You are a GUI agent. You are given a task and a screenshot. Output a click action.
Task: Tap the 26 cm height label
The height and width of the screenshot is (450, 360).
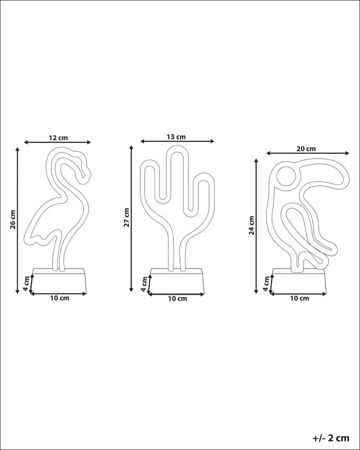point(13,220)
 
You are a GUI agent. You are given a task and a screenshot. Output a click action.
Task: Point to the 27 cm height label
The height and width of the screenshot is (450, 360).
point(127,217)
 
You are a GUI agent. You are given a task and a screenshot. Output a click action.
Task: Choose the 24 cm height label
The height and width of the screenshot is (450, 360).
point(252,225)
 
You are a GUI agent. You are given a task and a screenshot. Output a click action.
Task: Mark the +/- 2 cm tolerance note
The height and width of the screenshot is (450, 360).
point(331,438)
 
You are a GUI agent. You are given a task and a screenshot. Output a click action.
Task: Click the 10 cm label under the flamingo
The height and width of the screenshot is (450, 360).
point(59,298)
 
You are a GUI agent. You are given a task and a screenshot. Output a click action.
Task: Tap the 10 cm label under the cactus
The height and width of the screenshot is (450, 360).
point(177,299)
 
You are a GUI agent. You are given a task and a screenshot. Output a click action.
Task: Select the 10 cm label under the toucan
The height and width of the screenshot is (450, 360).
point(299,298)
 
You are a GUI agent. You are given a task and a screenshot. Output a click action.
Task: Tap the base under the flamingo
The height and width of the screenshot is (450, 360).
point(59,282)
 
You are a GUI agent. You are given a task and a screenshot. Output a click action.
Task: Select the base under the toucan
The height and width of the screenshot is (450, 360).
point(299,282)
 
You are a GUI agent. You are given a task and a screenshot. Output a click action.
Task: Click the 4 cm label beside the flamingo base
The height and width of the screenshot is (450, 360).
point(26,283)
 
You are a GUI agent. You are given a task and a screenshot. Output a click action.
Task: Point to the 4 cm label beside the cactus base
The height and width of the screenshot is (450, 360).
point(144,284)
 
